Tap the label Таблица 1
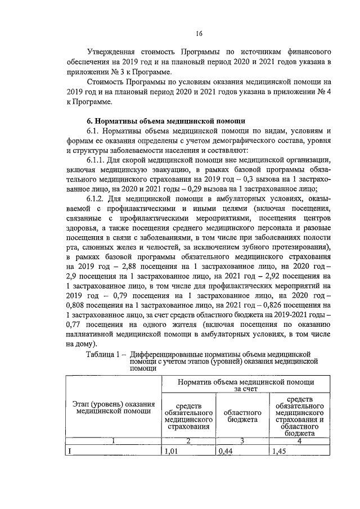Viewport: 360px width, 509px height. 102,355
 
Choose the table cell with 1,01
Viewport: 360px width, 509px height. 170,451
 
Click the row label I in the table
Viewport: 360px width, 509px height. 69,451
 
